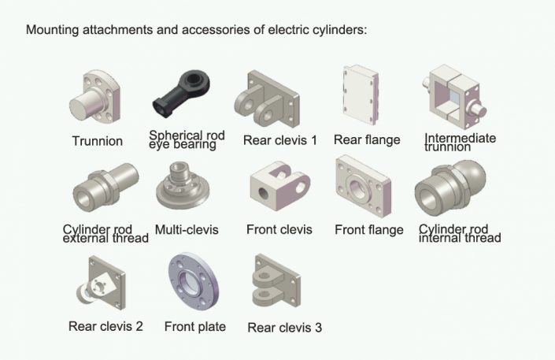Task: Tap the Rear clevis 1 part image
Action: point(268,97)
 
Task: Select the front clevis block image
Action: point(278,187)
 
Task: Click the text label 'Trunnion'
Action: point(98,142)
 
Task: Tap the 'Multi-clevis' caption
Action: point(187,230)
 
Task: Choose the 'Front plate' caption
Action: point(195,327)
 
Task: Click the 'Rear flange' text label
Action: point(367,140)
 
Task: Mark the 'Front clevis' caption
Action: point(279,230)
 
